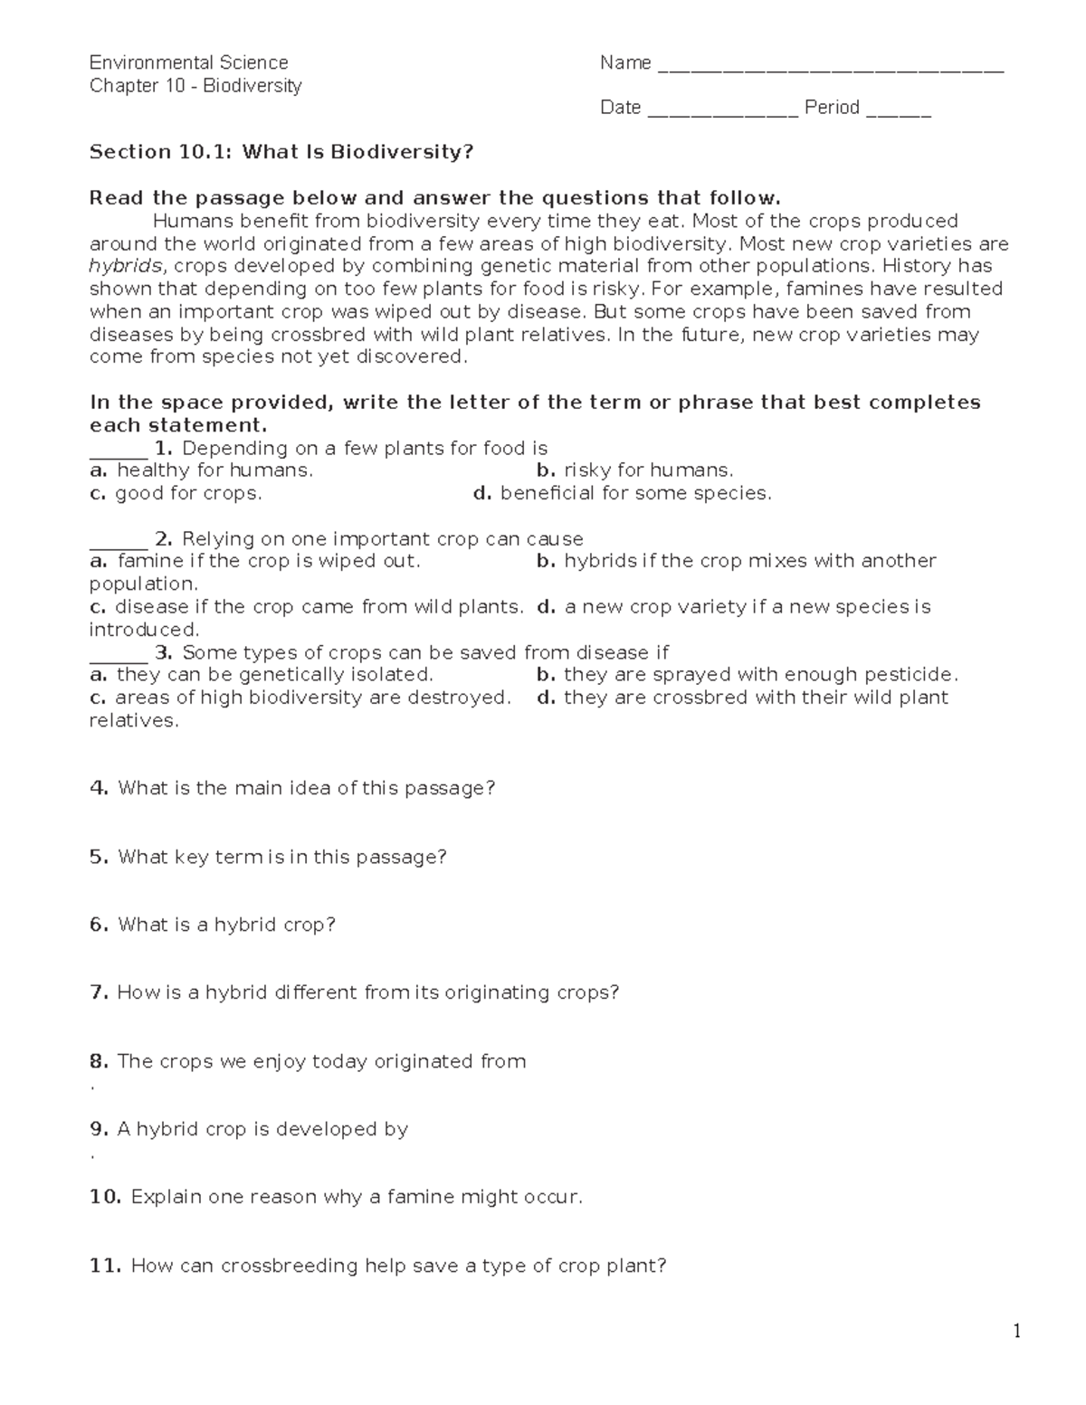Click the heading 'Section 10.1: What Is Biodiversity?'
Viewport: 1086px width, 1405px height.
pyautogui.click(x=281, y=152)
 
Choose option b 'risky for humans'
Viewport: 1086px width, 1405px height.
pyautogui.click(x=634, y=470)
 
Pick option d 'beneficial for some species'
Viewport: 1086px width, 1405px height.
pyautogui.click(x=622, y=493)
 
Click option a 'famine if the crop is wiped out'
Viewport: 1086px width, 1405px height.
pyautogui.click(x=255, y=561)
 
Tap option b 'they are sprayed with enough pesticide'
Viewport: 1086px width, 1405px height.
pyautogui.click(x=747, y=675)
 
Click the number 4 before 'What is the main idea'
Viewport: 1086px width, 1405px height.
pyautogui.click(x=98, y=788)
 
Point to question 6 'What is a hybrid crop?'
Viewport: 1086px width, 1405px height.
pyautogui.click(x=213, y=925)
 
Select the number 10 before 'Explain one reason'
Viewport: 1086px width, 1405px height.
pyautogui.click(x=105, y=1197)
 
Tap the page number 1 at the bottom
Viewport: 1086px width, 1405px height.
pyautogui.click(x=1017, y=1331)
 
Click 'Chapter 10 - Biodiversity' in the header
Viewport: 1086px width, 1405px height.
pyautogui.click(x=195, y=86)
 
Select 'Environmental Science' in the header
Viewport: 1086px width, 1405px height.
pyautogui.click(x=188, y=62)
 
